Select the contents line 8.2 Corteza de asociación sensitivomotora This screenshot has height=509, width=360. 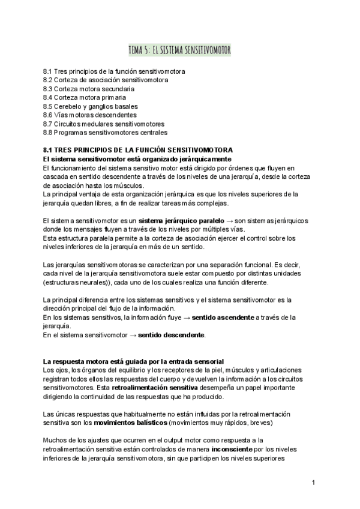click(x=106, y=80)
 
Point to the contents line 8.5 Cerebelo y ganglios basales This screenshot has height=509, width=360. click(x=91, y=106)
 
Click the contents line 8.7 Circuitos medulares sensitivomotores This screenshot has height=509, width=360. click(x=104, y=124)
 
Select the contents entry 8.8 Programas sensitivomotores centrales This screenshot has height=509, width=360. click(x=106, y=132)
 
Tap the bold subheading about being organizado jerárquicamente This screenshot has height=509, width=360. click(x=137, y=158)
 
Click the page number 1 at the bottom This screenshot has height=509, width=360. click(x=313, y=483)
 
